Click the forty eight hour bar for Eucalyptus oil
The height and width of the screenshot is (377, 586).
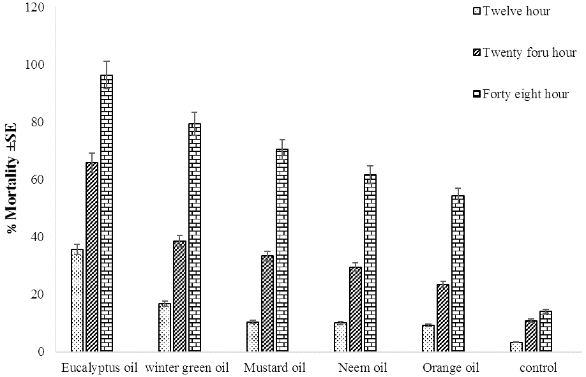click(107, 213)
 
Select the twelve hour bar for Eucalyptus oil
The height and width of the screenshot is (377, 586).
click(77, 300)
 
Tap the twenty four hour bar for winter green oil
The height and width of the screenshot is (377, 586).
click(180, 296)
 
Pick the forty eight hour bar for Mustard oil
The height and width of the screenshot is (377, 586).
click(282, 250)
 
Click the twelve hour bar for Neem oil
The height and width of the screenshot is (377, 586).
click(340, 337)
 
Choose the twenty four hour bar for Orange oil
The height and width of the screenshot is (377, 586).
click(443, 318)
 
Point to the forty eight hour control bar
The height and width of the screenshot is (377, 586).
click(546, 332)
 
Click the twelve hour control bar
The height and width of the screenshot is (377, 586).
click(516, 347)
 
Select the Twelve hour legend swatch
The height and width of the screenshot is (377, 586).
click(476, 11)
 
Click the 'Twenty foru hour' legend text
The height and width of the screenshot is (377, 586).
click(530, 53)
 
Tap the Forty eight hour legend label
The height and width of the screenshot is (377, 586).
click(525, 94)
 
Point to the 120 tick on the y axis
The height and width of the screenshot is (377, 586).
click(34, 7)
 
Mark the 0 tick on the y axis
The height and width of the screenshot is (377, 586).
click(41, 352)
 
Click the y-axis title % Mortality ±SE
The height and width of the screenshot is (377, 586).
click(12, 178)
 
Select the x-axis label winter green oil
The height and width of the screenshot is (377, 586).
click(187, 368)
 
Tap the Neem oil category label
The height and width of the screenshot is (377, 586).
click(363, 368)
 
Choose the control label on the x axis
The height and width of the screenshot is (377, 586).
click(538, 368)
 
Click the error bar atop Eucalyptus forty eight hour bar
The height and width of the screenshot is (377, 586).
click(107, 75)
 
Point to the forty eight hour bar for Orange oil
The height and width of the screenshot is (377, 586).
click(458, 274)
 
